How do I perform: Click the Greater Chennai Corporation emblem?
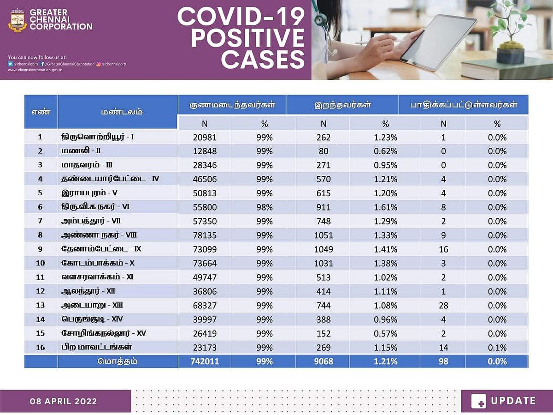tap(18, 20)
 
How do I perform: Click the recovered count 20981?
tap(205, 138)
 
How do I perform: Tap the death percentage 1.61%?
tap(386, 207)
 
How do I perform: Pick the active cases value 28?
tap(443, 306)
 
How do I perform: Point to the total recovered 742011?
tap(205, 361)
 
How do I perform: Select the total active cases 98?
tap(443, 361)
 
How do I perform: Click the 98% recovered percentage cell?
tap(265, 207)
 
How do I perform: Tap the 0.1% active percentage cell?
tap(497, 348)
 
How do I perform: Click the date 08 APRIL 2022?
tap(64, 401)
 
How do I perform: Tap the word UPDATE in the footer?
tap(513, 401)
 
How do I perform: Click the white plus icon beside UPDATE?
tap(479, 401)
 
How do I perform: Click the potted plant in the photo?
tap(511, 32)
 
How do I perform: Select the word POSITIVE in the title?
tap(241, 38)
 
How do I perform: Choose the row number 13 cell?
tap(40, 306)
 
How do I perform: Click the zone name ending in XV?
tap(104, 333)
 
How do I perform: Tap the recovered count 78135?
tap(205, 235)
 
